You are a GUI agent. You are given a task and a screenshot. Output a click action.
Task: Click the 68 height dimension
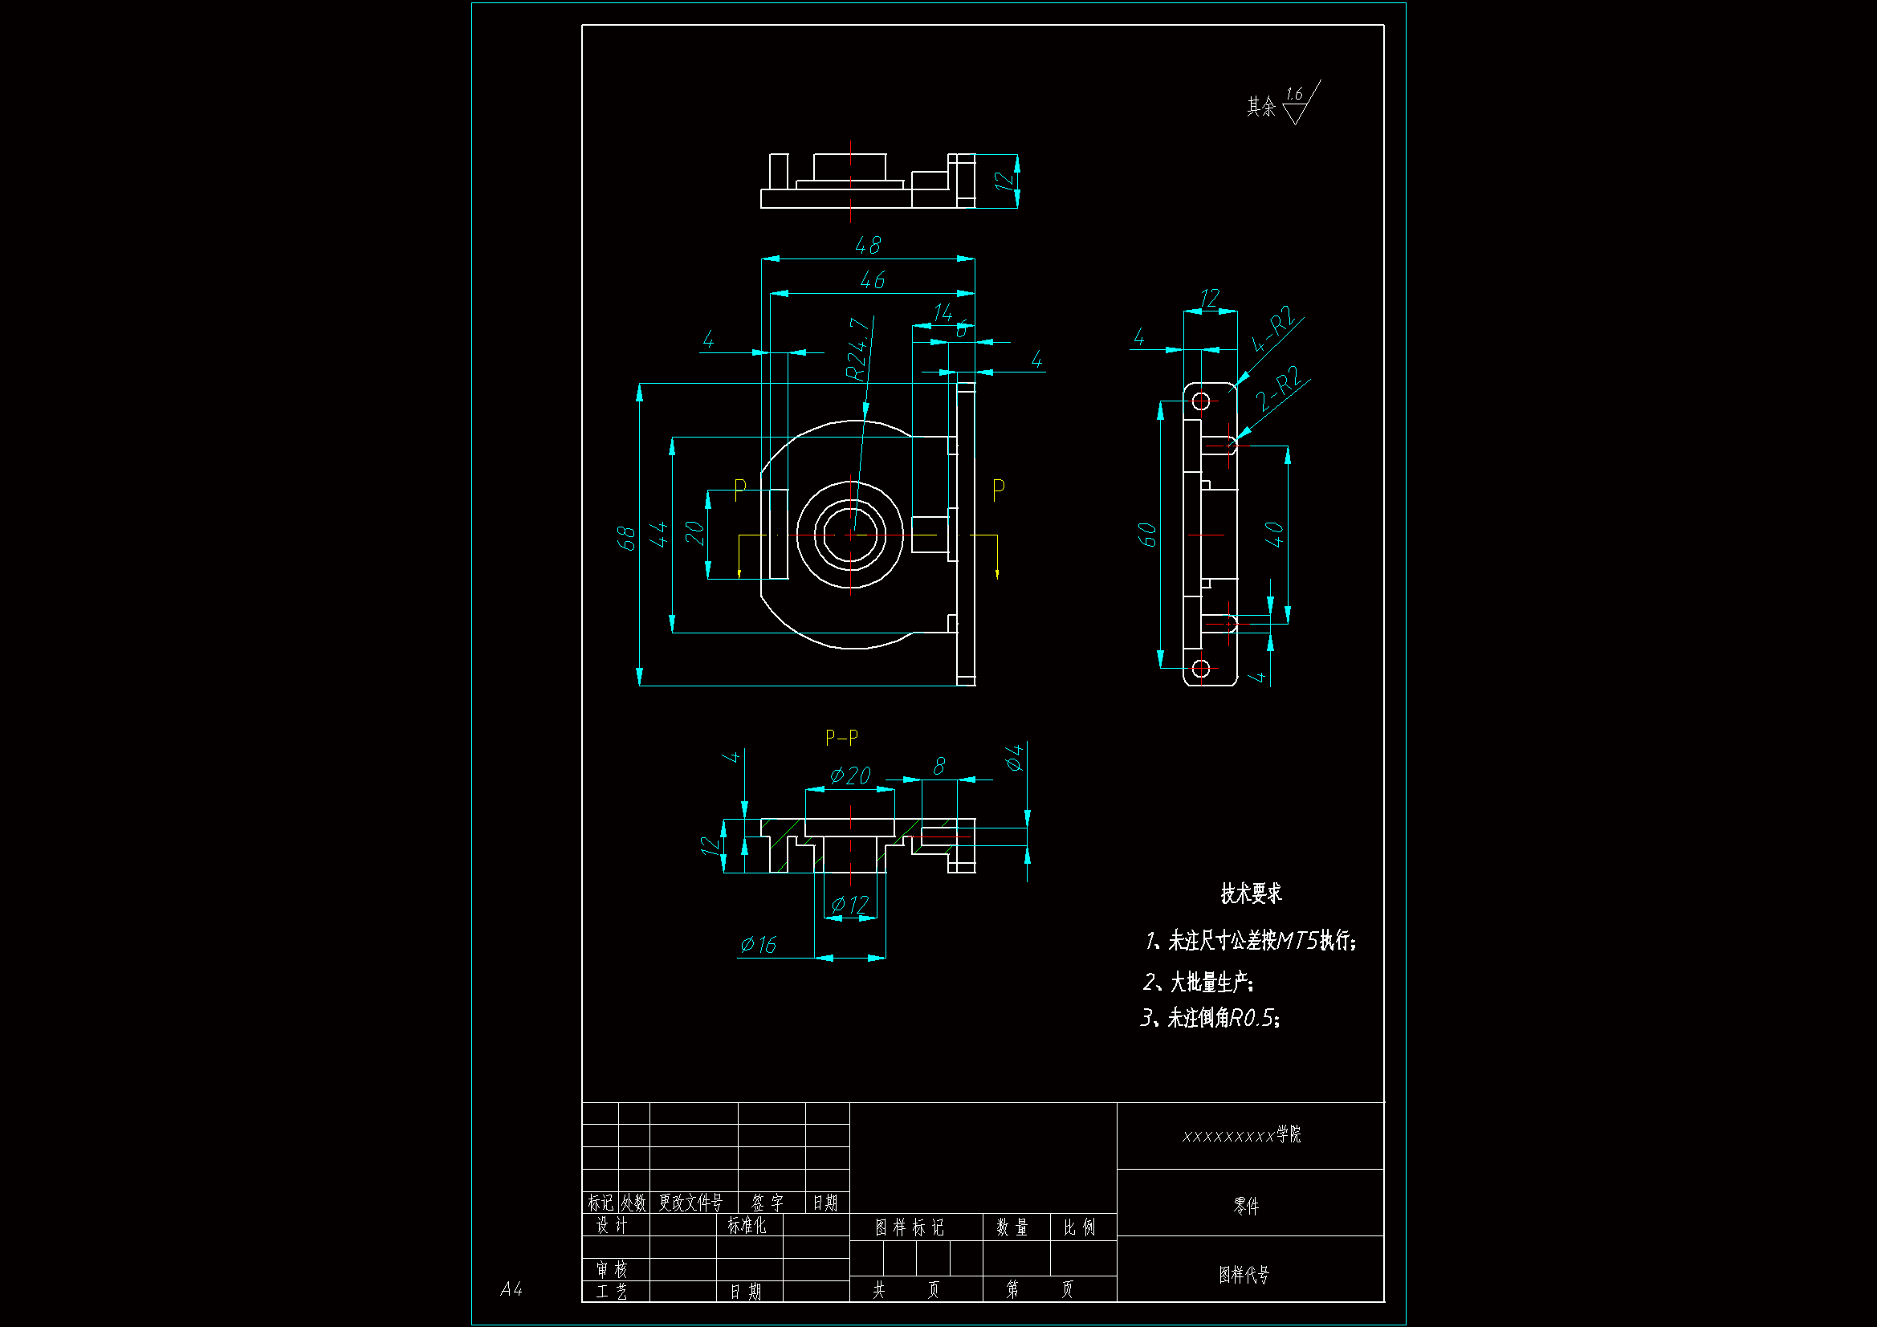(625, 538)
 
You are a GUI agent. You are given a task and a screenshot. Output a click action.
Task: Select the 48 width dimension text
(867, 246)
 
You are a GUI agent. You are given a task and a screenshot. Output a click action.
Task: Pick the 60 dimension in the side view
(1147, 535)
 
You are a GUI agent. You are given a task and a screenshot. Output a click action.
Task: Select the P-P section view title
(841, 738)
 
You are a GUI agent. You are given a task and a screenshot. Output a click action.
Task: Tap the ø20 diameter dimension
(850, 775)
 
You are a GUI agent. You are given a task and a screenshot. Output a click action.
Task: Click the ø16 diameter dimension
(758, 945)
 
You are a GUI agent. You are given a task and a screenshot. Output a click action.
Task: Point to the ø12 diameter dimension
(849, 904)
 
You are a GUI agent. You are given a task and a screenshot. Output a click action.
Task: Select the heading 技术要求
(1251, 893)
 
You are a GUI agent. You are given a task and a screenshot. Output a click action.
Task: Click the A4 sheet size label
(511, 1289)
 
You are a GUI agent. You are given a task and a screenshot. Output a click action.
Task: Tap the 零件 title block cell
(1246, 1205)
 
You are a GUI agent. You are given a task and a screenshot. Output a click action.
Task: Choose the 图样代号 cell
(1244, 1274)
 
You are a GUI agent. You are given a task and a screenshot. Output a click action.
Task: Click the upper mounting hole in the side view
(1200, 401)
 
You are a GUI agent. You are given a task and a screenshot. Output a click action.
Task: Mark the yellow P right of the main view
(998, 490)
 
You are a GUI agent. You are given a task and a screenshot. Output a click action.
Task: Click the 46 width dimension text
(873, 280)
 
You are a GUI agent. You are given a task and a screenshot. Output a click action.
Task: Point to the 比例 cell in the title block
(1079, 1227)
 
